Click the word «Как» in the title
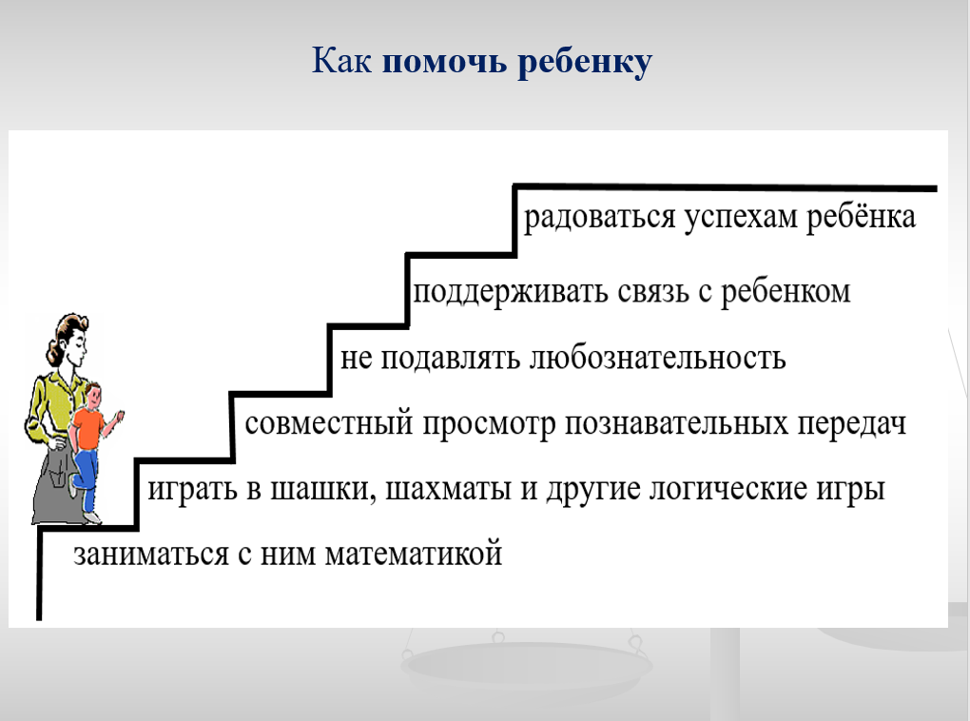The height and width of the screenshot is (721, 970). coord(340,61)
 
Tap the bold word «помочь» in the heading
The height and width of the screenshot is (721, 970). coord(444,62)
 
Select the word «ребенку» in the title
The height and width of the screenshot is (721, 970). coord(585,63)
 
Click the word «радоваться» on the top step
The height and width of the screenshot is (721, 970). coord(599,217)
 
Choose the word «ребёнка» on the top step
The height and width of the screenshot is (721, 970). coord(861,216)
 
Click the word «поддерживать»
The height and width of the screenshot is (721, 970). coord(511,291)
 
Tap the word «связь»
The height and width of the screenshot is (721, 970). coord(653,291)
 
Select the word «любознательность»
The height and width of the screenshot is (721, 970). coord(657,358)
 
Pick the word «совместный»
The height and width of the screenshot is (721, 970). coord(328,424)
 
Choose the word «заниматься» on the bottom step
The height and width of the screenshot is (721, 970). coord(151,554)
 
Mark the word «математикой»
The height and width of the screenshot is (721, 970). coord(414,554)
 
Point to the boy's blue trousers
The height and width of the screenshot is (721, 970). coord(86,478)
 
